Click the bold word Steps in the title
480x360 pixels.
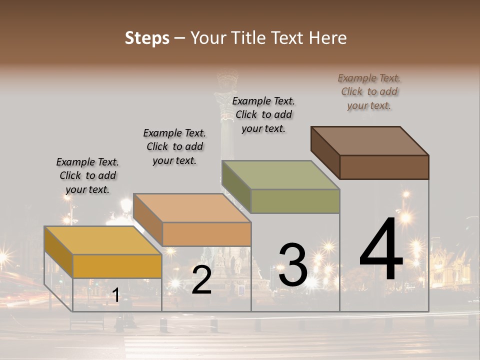[147, 38]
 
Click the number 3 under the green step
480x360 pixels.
[292, 265]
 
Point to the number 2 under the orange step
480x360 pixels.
[201, 280]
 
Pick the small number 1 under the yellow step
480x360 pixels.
[115, 295]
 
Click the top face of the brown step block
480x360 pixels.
[370, 140]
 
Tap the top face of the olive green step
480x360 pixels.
[280, 175]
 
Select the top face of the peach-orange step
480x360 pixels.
[192, 208]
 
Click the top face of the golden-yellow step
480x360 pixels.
[103, 240]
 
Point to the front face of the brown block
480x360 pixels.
[384, 167]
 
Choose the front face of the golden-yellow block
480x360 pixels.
[117, 266]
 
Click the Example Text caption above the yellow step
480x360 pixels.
[87, 175]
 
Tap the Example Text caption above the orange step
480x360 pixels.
[174, 146]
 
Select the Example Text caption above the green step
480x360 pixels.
[263, 114]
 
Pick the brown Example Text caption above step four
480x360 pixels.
[369, 91]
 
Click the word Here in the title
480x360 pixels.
[328, 38]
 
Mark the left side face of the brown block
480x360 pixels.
[325, 152]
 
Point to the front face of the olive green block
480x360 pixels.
[295, 201]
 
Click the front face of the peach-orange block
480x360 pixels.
[206, 234]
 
